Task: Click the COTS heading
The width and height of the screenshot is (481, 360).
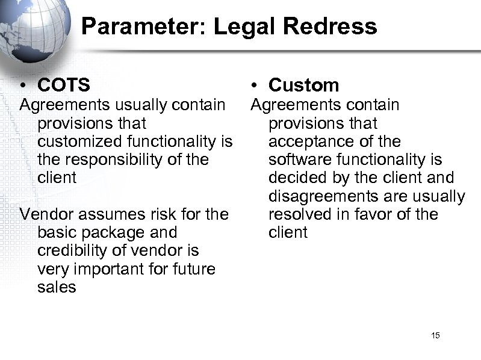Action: (x=64, y=85)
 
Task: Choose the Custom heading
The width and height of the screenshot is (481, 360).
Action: (x=304, y=85)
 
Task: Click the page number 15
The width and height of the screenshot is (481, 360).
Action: (x=435, y=335)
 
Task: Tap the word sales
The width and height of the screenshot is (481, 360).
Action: (x=57, y=287)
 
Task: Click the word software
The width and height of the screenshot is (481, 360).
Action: (x=300, y=160)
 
